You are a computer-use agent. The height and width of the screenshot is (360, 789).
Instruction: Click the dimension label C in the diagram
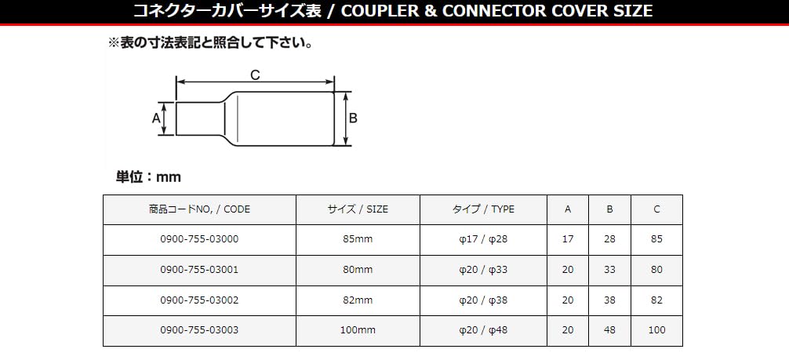click(255, 75)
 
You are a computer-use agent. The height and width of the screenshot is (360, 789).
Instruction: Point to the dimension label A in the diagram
click(155, 118)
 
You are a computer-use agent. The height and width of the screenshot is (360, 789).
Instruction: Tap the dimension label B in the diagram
click(353, 118)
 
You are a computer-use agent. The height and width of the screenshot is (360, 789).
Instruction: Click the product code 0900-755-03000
click(199, 239)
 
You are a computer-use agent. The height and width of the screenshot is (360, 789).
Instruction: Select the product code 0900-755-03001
click(199, 270)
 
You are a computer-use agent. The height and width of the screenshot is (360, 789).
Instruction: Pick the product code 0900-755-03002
click(199, 300)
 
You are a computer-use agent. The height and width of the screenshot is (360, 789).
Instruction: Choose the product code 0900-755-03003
click(199, 331)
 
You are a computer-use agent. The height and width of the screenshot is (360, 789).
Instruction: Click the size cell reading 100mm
click(358, 331)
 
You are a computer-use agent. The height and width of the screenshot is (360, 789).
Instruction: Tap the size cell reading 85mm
click(358, 239)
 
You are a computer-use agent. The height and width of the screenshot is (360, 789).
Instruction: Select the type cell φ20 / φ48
click(483, 331)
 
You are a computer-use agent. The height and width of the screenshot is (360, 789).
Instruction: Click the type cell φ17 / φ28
click(483, 239)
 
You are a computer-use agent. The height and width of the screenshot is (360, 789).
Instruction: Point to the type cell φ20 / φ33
click(483, 270)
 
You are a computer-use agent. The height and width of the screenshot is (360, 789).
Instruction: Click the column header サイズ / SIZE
click(358, 209)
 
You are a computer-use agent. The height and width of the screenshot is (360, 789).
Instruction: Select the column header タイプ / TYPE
click(483, 209)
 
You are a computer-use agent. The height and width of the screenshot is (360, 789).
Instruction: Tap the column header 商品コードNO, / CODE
click(199, 209)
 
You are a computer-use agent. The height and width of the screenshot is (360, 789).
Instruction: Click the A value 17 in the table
click(568, 239)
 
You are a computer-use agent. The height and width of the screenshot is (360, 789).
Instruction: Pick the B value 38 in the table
click(609, 300)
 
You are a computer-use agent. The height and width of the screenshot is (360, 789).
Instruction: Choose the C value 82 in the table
click(656, 300)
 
